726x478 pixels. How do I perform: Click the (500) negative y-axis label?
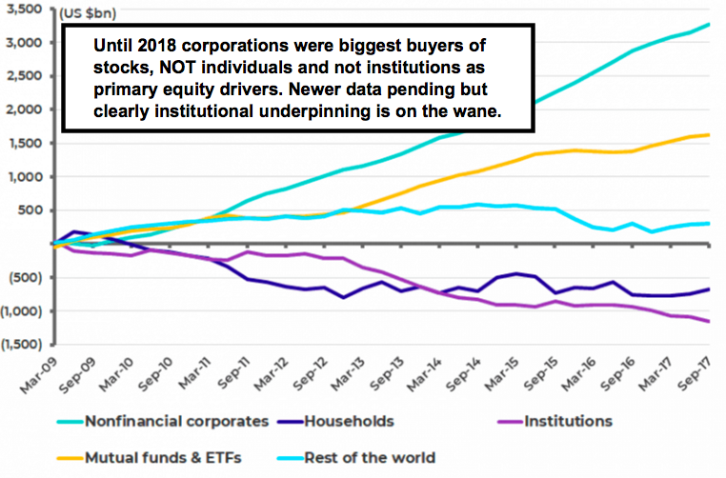point(27,278)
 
